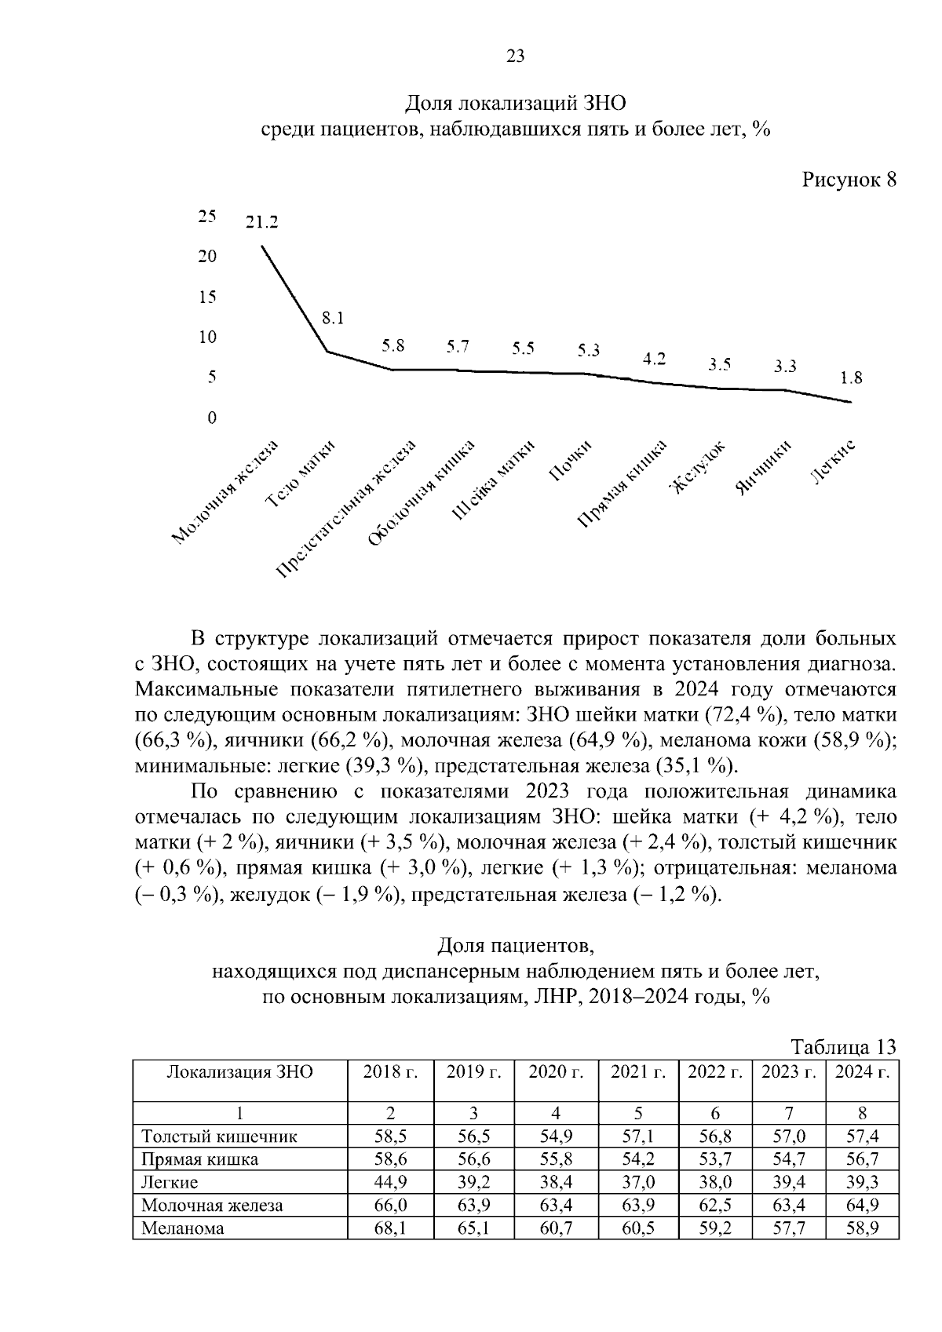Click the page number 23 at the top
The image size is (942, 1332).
click(x=516, y=56)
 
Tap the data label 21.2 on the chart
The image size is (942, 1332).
click(x=261, y=222)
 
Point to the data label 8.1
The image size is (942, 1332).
click(x=333, y=318)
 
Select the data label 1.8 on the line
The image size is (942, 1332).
click(x=851, y=378)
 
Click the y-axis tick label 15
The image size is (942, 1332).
click(x=207, y=297)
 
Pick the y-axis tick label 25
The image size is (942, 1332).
click(x=207, y=216)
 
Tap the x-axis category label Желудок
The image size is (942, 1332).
click(x=697, y=470)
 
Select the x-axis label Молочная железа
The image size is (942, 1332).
click(x=226, y=493)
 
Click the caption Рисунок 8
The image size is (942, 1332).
click(x=849, y=180)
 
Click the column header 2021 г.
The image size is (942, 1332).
click(x=638, y=1072)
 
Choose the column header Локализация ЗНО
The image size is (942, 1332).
click(x=240, y=1072)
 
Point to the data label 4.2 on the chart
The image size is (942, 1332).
click(x=654, y=359)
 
